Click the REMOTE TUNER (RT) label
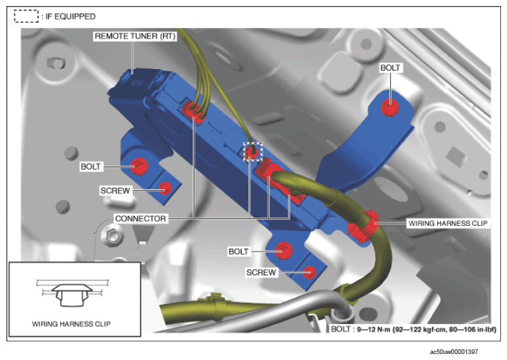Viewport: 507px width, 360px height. tap(135, 36)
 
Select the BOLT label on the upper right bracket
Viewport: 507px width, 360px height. tap(390, 68)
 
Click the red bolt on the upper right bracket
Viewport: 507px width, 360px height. tap(389, 108)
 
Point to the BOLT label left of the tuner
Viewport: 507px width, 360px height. tap(90, 167)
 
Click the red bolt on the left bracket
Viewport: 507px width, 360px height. tap(140, 167)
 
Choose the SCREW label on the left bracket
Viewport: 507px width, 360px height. tap(115, 191)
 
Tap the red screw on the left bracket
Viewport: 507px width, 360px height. tap(165, 188)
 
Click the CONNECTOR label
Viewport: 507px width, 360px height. tap(140, 219)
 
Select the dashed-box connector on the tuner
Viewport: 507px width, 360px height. tap(253, 151)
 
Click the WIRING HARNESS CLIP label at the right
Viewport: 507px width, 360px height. tap(448, 223)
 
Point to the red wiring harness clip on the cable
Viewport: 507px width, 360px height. tap(363, 226)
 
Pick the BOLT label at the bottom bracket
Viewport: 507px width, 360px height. tap(239, 252)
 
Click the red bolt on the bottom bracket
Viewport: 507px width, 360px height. tap(284, 250)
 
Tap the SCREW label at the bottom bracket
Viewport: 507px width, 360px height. tap(261, 272)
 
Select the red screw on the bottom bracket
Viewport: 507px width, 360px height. tap(310, 272)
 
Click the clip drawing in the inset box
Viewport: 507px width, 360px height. tap(72, 293)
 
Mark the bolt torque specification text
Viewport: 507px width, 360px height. tap(413, 329)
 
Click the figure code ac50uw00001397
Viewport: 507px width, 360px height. tap(454, 351)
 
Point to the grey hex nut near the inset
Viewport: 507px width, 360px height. tap(112, 234)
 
